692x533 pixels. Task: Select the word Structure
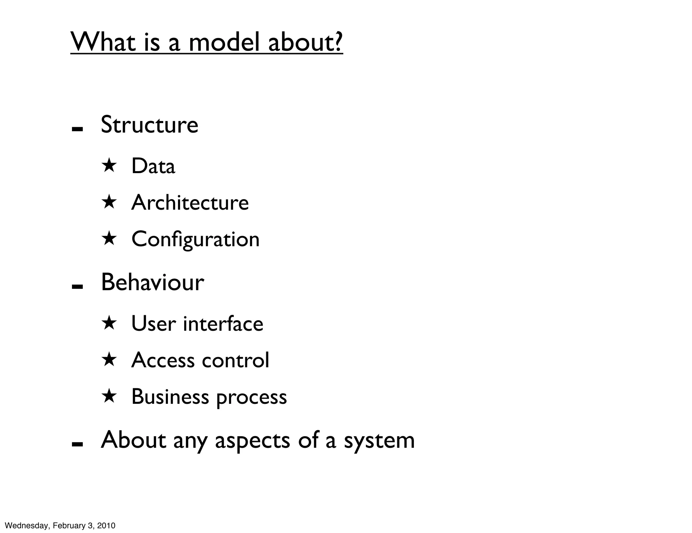click(x=149, y=125)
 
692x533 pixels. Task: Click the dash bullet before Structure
click(x=77, y=129)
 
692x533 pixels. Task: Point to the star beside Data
click(x=109, y=166)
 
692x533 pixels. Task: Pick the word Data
click(x=153, y=166)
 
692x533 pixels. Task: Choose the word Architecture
click(x=190, y=203)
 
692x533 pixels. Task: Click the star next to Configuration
click(x=109, y=238)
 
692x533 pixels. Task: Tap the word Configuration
click(x=195, y=239)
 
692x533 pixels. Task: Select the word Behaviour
click(x=152, y=282)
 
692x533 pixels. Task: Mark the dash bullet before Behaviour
click(x=77, y=287)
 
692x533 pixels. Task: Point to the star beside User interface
click(x=109, y=323)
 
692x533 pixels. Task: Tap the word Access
click(x=163, y=360)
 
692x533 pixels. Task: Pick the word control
click(x=236, y=360)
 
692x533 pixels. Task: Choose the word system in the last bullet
click(x=379, y=441)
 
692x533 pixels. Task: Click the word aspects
click(x=252, y=441)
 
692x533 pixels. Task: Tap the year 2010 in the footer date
click(x=106, y=526)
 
